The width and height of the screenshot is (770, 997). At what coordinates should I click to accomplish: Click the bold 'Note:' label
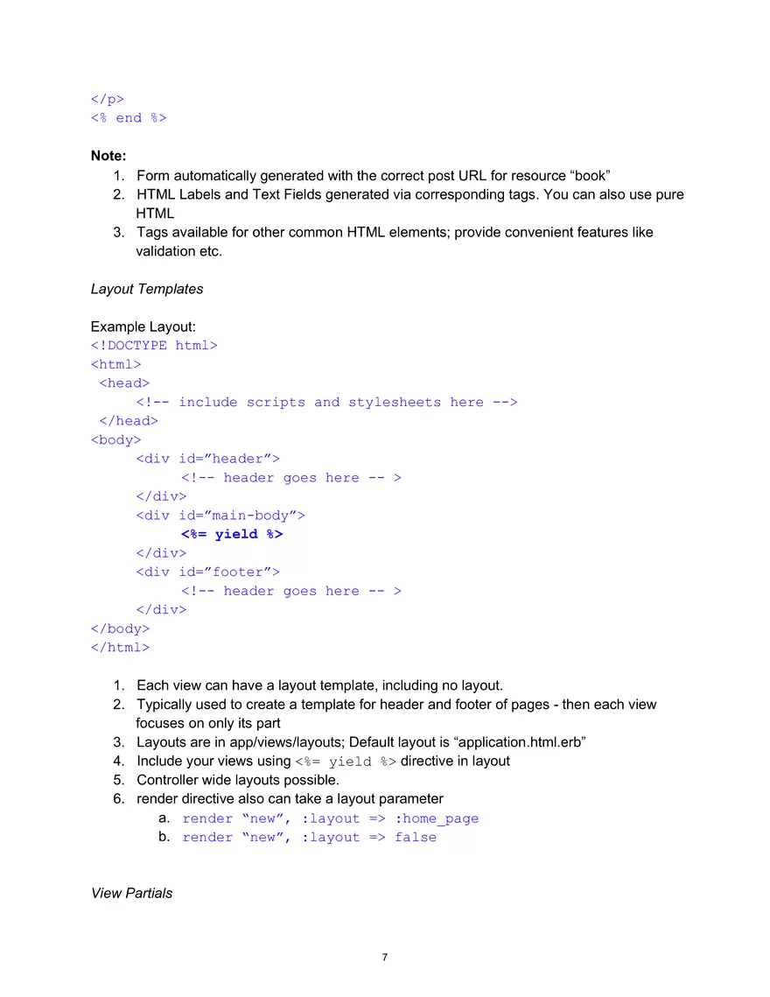pos(108,156)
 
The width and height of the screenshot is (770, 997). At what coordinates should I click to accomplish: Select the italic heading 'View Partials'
pos(131,893)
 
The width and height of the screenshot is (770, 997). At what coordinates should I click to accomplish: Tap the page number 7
pos(385,957)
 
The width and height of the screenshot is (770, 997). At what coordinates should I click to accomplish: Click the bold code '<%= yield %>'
pos(232,534)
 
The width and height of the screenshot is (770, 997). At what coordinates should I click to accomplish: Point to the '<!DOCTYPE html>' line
pos(154,346)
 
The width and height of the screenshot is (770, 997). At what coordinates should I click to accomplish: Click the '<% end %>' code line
pos(129,117)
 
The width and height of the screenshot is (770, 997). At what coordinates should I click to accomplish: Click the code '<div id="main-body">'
pos(220,516)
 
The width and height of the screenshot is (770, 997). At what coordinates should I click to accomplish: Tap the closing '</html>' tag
pos(120,648)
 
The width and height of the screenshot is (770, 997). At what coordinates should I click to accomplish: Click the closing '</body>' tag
pos(120,628)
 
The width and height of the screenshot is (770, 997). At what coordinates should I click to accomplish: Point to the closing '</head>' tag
pos(129,421)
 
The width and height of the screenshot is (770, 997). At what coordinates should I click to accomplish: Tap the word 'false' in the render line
pos(416,838)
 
